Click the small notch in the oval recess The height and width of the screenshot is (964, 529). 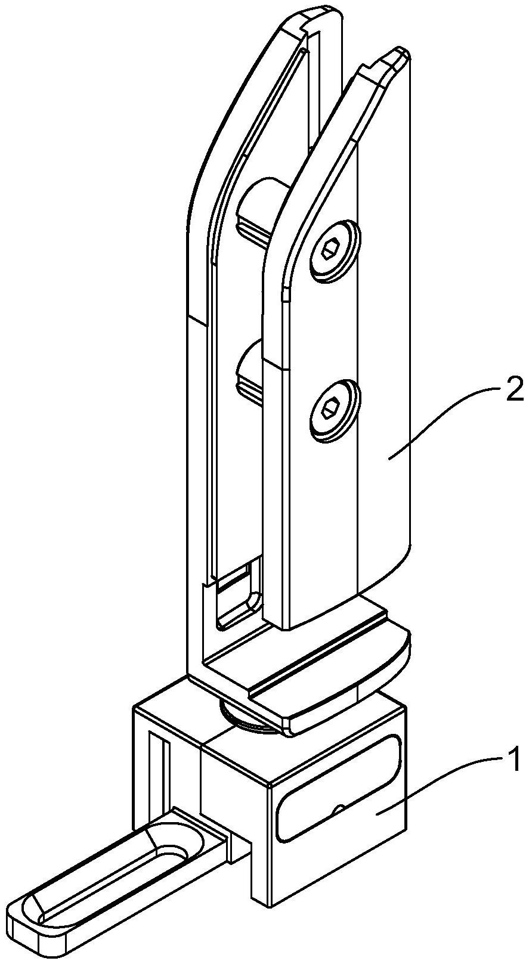338,808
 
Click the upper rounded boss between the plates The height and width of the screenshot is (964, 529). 256,206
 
